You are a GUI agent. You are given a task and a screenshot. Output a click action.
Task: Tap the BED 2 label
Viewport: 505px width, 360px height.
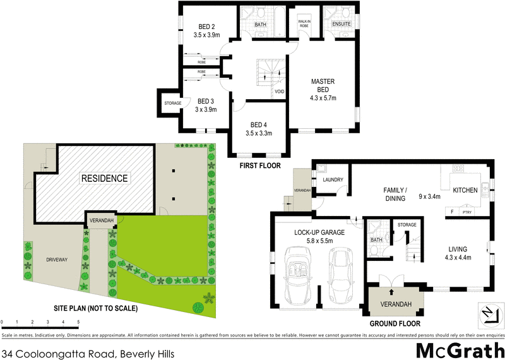(x=207, y=26)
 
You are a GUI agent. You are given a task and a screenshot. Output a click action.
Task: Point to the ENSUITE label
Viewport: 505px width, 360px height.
(x=341, y=24)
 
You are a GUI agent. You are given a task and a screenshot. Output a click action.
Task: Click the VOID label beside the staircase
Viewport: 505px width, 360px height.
(x=279, y=92)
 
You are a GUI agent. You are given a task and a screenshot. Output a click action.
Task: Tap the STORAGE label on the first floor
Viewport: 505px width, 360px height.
(x=173, y=103)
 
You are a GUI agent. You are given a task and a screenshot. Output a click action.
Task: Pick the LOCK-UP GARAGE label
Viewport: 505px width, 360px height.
(x=319, y=232)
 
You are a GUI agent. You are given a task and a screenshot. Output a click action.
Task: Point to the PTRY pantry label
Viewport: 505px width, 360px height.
(x=467, y=212)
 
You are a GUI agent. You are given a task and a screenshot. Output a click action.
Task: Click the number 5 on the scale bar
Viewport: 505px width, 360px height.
(x=78, y=322)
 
